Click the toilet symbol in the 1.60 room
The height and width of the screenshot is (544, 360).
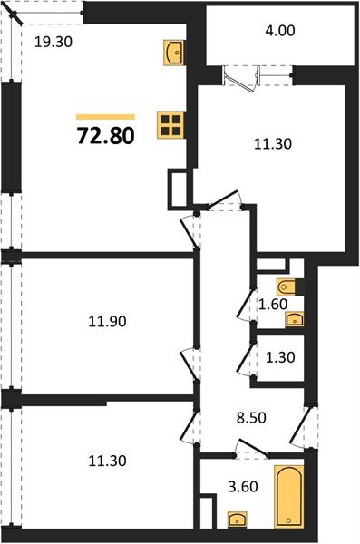coord(287,287)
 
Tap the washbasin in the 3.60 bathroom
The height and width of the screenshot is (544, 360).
coord(237,520)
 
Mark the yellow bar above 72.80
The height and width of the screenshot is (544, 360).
coord(105,117)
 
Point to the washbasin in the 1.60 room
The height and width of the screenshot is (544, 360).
coord(293,318)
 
